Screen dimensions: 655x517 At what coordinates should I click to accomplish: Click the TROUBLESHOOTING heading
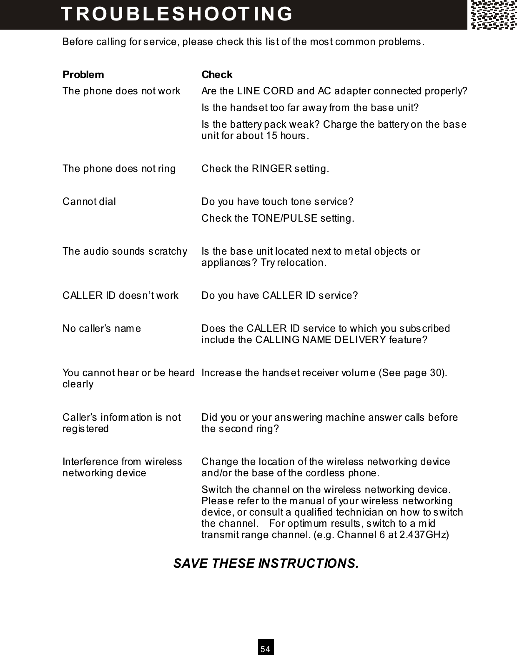(x=177, y=13)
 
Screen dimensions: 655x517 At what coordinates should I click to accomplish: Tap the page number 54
(x=265, y=649)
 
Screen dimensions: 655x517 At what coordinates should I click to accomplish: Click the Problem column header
(x=83, y=75)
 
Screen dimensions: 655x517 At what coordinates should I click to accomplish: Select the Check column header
(x=217, y=75)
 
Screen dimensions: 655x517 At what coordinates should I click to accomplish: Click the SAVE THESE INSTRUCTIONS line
(x=266, y=563)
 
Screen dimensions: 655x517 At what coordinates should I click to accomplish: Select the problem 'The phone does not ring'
(x=119, y=169)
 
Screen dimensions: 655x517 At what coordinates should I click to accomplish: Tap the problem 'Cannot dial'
(x=89, y=202)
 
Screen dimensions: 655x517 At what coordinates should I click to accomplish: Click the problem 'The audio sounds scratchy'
(x=125, y=251)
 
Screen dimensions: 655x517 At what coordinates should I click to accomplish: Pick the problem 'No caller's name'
(x=102, y=329)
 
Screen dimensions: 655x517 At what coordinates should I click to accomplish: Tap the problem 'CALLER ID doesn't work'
(x=120, y=296)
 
